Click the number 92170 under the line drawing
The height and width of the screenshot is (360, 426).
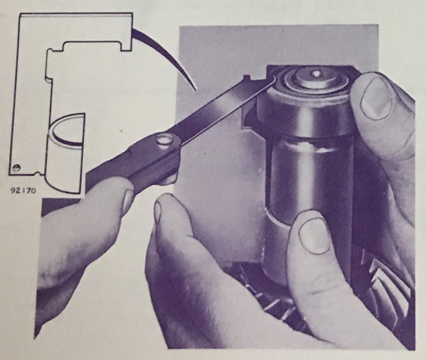pos(23,190)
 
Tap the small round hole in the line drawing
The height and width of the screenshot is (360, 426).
pos(17,168)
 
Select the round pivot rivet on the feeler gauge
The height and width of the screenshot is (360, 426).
pos(164,141)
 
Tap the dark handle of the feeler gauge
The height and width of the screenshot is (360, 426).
pos(133,163)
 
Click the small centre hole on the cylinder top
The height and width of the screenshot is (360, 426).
pos(316,73)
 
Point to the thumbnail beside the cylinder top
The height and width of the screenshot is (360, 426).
pos(376,98)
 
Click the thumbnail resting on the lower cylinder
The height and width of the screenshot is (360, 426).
pos(314,237)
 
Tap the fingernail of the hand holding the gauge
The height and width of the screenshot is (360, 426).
pos(127,201)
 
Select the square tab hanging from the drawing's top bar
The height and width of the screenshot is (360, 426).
pos(125,46)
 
